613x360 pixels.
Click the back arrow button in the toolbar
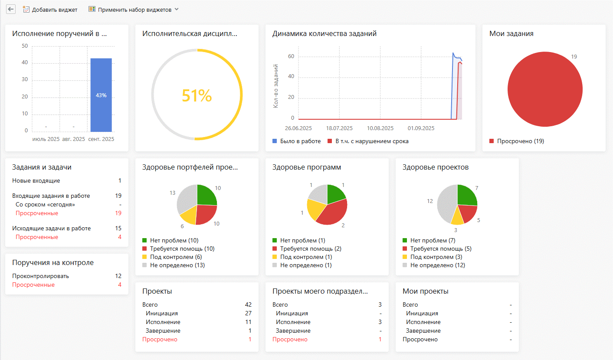coord(11,9)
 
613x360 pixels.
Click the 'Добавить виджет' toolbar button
coord(50,10)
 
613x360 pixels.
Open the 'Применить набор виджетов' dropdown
coord(134,10)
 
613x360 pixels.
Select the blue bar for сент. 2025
coord(101,95)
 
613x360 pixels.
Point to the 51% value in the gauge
coord(197,96)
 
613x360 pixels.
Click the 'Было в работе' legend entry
coord(297,141)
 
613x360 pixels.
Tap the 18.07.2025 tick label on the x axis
coord(339,128)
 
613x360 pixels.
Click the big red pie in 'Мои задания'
coord(545,89)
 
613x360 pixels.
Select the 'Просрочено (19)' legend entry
coord(517,141)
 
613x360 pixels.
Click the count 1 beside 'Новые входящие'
coord(120,180)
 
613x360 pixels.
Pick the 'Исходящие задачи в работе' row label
coord(52,228)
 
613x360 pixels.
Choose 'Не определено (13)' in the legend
coord(174,265)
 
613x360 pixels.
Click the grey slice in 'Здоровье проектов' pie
coord(445,204)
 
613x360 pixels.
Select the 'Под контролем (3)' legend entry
coord(433,257)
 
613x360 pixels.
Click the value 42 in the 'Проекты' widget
coord(248,304)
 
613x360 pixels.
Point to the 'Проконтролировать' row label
coord(40,276)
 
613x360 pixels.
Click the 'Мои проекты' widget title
coord(425,291)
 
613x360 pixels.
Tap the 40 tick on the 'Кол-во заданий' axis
coord(291,76)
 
